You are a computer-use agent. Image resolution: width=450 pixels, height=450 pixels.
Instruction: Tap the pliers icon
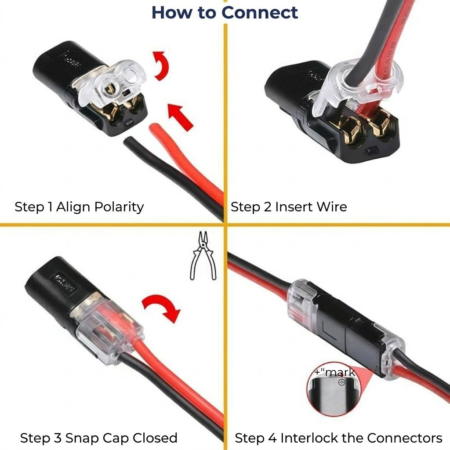tap(202, 256)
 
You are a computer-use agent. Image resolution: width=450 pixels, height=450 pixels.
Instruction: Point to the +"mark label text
tap(335, 373)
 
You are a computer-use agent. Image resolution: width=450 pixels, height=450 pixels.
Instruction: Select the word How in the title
tap(169, 12)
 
